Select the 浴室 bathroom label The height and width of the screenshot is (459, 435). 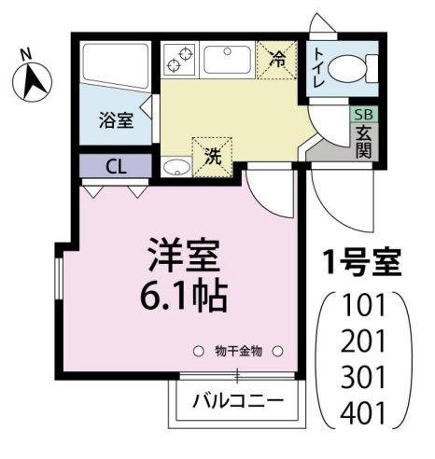pyautogui.click(x=116, y=119)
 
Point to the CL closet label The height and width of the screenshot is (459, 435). pyautogui.click(x=117, y=168)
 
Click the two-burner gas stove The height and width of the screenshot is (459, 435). pyautogui.click(x=178, y=60)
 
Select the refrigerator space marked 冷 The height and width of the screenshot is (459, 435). pyautogui.click(x=278, y=60)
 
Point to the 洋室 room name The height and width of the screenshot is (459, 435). pyautogui.click(x=182, y=256)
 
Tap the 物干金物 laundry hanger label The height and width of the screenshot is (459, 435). pyautogui.click(x=238, y=351)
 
